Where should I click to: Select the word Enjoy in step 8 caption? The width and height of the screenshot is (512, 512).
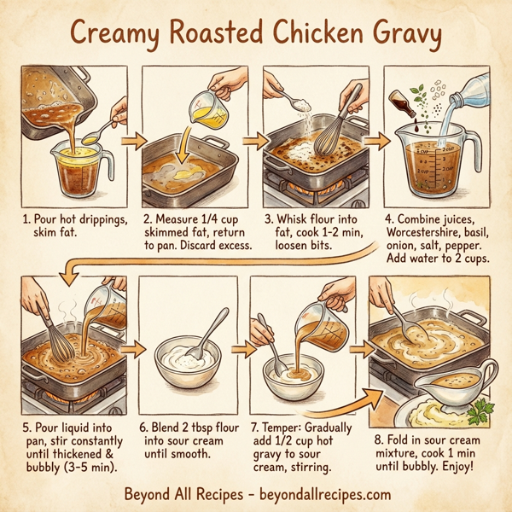click(x=464, y=457)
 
